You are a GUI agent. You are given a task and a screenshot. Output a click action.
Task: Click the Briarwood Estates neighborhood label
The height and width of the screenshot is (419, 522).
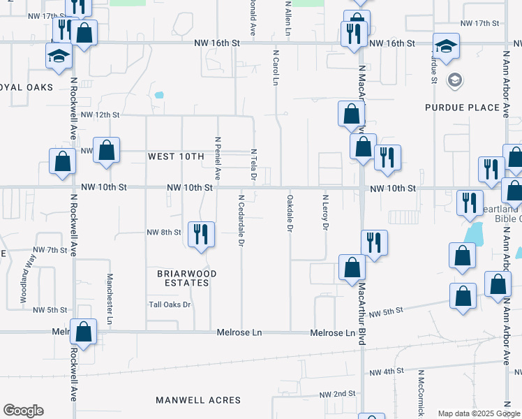[x=183, y=278]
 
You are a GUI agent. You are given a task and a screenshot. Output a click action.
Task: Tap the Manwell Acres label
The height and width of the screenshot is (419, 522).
[x=198, y=400]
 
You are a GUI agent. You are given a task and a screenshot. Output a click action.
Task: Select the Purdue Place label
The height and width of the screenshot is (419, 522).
[x=463, y=108]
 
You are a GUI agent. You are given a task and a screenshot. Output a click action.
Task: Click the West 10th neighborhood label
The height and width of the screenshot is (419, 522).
[x=175, y=156]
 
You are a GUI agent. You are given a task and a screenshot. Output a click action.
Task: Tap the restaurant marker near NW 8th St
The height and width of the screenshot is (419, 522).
[x=200, y=234]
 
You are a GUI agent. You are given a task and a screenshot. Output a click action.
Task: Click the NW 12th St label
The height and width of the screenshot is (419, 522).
[x=100, y=115]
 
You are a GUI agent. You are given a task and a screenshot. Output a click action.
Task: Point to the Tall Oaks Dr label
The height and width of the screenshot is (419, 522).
[x=170, y=304]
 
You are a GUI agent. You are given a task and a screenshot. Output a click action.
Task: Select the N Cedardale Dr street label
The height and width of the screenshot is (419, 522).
[x=241, y=221]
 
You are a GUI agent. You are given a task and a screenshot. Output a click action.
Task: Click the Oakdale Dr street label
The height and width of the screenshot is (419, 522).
[x=290, y=214]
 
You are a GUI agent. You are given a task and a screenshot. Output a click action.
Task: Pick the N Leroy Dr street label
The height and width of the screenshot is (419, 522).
[x=325, y=212]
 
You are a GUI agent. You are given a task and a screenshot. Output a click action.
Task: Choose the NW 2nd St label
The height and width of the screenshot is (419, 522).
[x=339, y=394]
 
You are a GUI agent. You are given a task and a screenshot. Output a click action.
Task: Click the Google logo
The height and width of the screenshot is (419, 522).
[x=23, y=411]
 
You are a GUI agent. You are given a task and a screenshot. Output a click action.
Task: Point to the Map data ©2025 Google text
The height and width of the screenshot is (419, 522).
[x=477, y=413]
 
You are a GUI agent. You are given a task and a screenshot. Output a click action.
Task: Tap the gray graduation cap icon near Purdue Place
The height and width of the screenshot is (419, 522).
[x=455, y=80]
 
